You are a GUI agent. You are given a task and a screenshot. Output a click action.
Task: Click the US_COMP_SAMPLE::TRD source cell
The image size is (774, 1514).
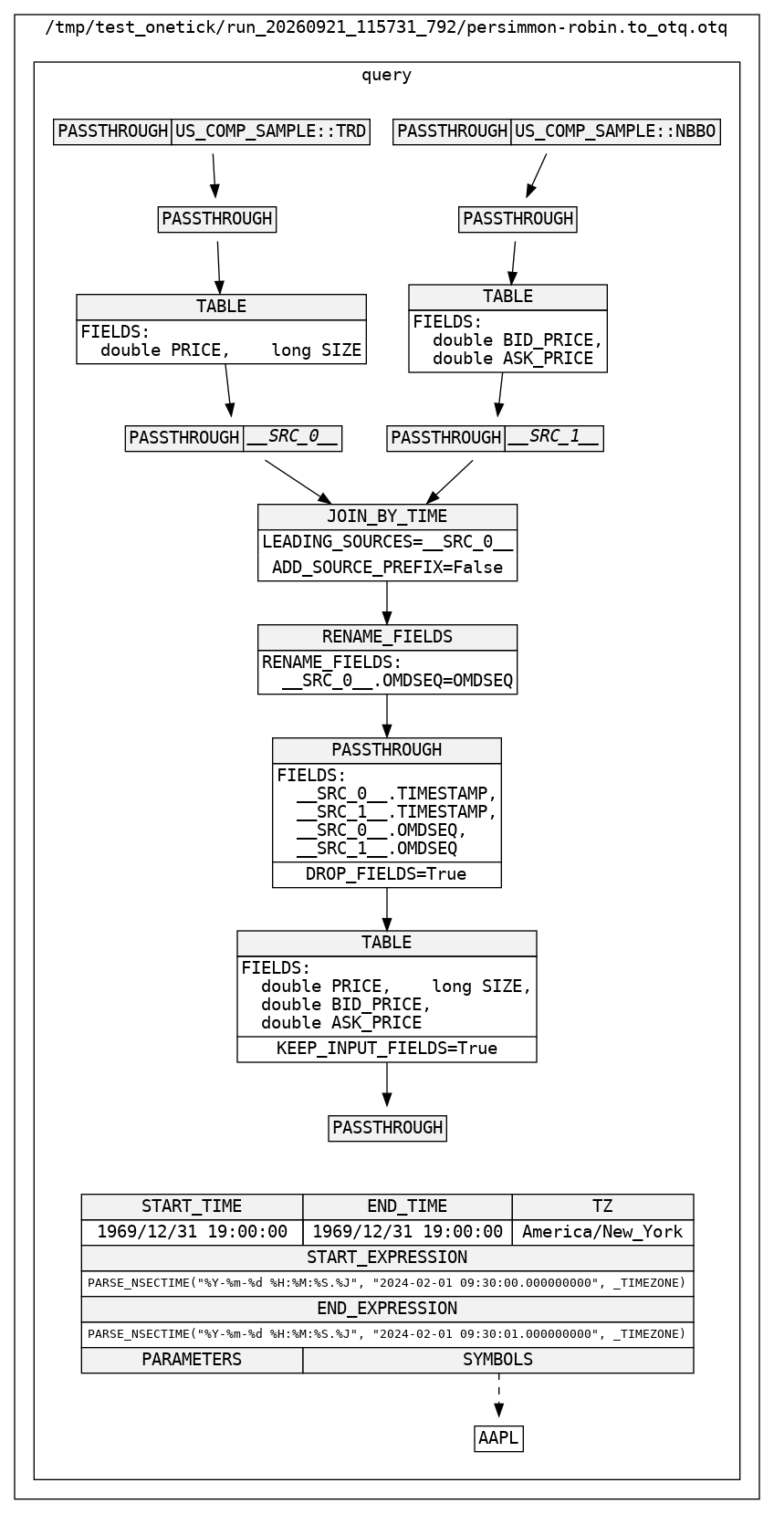pos(270,131)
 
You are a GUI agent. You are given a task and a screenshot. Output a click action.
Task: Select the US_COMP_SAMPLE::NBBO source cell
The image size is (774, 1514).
pos(616,131)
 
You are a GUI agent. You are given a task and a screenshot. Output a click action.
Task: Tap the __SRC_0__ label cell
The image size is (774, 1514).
pos(292,438)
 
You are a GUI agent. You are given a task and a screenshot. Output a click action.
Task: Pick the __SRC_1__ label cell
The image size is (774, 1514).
pos(554,438)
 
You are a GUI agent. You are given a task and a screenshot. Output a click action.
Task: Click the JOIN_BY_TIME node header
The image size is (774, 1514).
pos(387,517)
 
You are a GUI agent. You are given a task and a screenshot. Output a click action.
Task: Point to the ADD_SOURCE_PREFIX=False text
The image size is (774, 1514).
pos(387,568)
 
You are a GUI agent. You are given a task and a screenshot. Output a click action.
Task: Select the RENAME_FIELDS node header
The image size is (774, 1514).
pos(387,637)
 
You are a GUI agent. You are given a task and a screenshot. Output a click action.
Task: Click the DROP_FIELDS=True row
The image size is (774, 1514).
pos(387,874)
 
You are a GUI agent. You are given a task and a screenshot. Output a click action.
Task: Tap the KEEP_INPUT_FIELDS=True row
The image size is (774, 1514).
pos(387,1049)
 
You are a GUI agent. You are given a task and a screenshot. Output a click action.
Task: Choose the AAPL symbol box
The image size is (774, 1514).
pos(499,1438)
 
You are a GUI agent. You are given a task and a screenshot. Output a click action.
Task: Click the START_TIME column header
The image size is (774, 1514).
pos(192,1207)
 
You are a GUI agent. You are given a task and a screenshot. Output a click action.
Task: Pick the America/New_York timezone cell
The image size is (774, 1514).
pos(603,1232)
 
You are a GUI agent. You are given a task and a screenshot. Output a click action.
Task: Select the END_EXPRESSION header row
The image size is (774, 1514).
pos(387,1310)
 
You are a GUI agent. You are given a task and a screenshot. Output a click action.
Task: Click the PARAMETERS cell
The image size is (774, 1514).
pos(192,1360)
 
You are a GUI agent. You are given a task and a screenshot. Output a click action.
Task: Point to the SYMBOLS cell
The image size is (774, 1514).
pos(498,1360)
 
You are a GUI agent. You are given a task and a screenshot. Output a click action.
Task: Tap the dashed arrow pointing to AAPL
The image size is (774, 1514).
pos(499,1395)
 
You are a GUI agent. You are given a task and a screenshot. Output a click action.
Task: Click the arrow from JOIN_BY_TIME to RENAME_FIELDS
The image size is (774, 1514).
pos(387,603)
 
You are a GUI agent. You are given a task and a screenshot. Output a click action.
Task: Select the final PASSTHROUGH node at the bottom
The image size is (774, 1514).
pos(387,1128)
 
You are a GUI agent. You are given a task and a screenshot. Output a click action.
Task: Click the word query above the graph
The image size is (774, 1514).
pos(387,75)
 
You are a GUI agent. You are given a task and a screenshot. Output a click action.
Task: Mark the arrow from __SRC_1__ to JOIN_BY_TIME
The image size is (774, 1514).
pos(450,482)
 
